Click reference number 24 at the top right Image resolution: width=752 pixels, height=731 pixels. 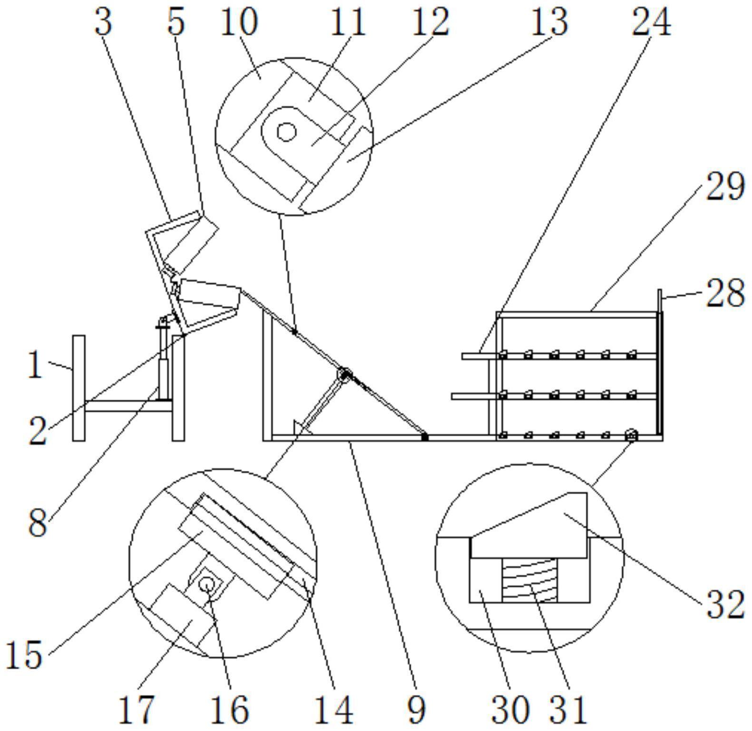click(650, 22)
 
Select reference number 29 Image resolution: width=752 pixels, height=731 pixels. click(724, 187)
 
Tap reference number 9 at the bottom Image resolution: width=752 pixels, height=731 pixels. click(416, 709)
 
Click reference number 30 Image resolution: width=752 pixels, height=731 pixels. click(510, 709)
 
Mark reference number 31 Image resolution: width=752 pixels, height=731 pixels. click(569, 709)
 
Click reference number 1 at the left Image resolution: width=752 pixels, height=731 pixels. click(35, 366)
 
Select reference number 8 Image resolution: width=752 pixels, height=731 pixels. click(38, 523)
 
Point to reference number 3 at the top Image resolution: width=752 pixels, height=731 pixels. click(104, 22)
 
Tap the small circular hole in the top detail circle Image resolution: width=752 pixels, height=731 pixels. click(286, 131)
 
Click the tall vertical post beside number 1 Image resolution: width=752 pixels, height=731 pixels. click(79, 388)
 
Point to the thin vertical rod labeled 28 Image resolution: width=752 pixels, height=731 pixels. click(660, 304)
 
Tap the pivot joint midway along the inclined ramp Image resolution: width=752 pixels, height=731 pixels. click(344, 375)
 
